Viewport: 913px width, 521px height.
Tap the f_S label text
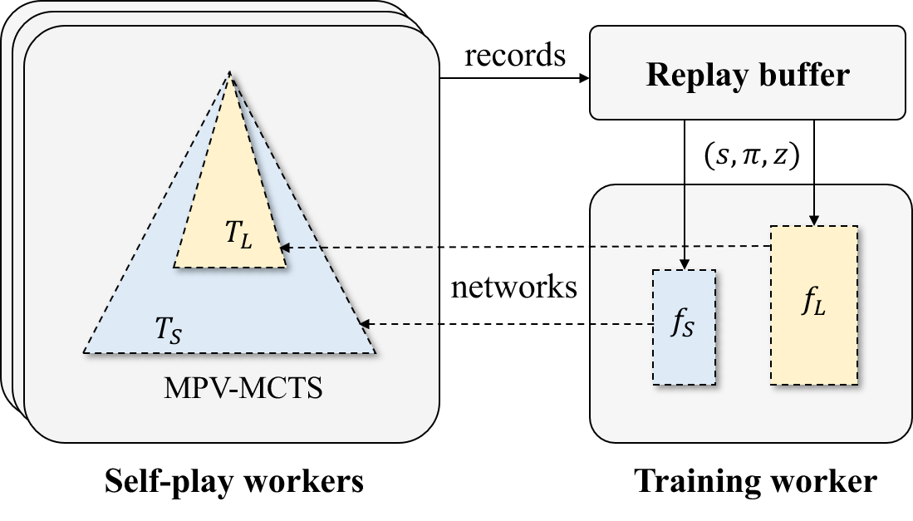point(682,324)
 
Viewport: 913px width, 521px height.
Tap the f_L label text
point(814,302)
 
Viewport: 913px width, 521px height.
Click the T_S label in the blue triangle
point(169,330)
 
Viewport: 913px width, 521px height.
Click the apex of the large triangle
point(230,74)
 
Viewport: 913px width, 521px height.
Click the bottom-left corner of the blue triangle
point(85,352)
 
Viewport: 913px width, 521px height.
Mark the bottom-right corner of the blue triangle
point(375,352)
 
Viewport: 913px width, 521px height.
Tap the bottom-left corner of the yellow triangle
point(174,267)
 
